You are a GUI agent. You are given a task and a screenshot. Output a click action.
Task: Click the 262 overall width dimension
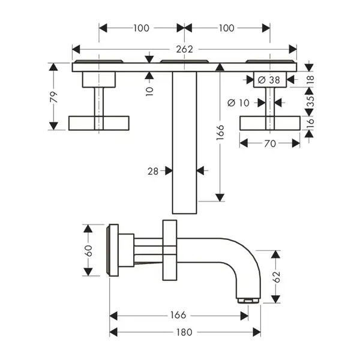(x=185, y=49)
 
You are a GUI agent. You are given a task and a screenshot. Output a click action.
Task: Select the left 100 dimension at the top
(x=142, y=28)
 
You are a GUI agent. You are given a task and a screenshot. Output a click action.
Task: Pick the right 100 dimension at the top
(x=227, y=28)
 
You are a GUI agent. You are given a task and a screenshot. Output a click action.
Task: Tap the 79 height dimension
(x=53, y=97)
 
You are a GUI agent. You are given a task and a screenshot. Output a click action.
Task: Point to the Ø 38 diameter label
(x=269, y=80)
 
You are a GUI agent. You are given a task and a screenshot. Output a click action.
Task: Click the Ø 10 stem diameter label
(x=238, y=103)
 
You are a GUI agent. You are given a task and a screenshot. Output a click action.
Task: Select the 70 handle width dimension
(x=270, y=143)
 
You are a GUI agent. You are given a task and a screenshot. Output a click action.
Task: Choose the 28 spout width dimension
(x=153, y=171)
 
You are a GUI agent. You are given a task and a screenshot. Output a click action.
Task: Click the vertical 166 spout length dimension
(x=220, y=133)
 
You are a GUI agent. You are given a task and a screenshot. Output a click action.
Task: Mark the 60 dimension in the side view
(x=88, y=251)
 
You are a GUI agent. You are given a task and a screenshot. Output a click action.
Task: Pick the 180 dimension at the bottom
(x=184, y=332)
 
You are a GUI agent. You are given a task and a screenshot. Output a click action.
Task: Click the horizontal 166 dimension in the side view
(x=178, y=315)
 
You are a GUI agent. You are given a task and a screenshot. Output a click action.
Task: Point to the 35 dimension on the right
(x=310, y=101)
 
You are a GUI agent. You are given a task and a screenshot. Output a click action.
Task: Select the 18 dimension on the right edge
(x=310, y=79)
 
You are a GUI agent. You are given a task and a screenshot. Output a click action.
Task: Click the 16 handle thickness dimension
(x=310, y=121)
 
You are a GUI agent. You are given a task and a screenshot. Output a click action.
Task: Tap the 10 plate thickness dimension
(x=149, y=91)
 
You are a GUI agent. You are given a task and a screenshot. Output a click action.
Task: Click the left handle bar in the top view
(x=99, y=123)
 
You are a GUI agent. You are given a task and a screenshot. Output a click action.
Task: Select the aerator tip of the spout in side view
(x=248, y=301)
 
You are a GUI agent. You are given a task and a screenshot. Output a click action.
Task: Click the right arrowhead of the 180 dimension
(x=257, y=332)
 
